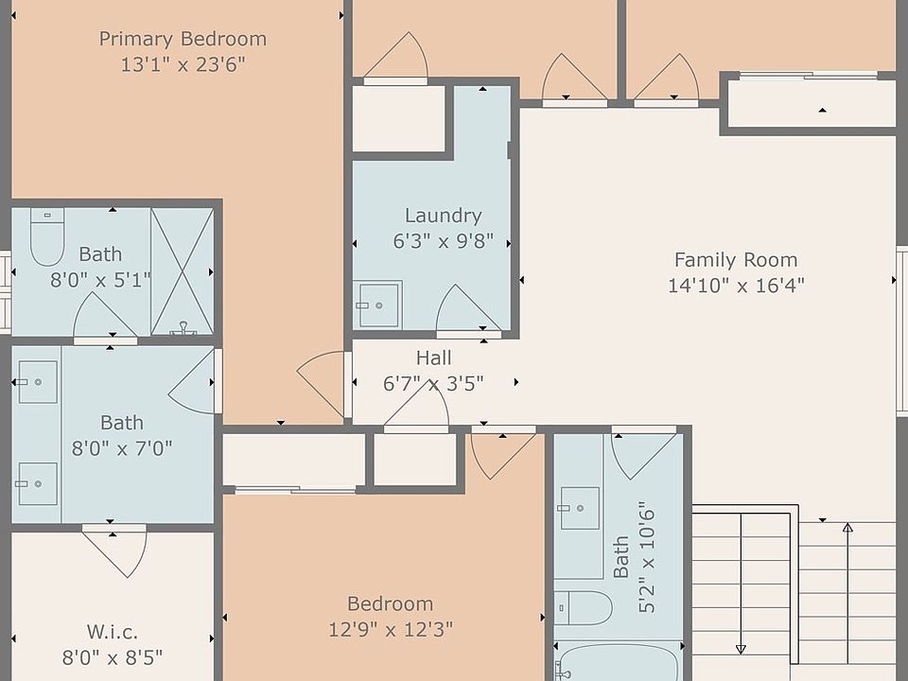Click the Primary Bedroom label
pyautogui.click(x=183, y=39)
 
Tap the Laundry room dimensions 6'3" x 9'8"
pyautogui.click(x=444, y=241)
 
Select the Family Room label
pyautogui.click(x=736, y=260)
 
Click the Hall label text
pyautogui.click(x=434, y=358)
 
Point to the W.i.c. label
pyautogui.click(x=113, y=632)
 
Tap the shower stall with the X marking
pyautogui.click(x=183, y=271)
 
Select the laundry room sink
pyautogui.click(x=377, y=305)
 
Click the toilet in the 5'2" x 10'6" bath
pyautogui.click(x=584, y=607)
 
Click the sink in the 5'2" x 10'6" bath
pyautogui.click(x=580, y=508)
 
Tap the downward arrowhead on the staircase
pyautogui.click(x=741, y=649)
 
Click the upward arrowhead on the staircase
pyautogui.click(x=847, y=528)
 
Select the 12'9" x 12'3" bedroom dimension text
pyautogui.click(x=391, y=629)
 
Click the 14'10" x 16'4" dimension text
pyautogui.click(x=736, y=286)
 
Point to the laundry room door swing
pyautogui.click(x=468, y=307)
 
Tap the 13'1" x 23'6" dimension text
pyautogui.click(x=183, y=64)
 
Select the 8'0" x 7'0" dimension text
pyautogui.click(x=122, y=448)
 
